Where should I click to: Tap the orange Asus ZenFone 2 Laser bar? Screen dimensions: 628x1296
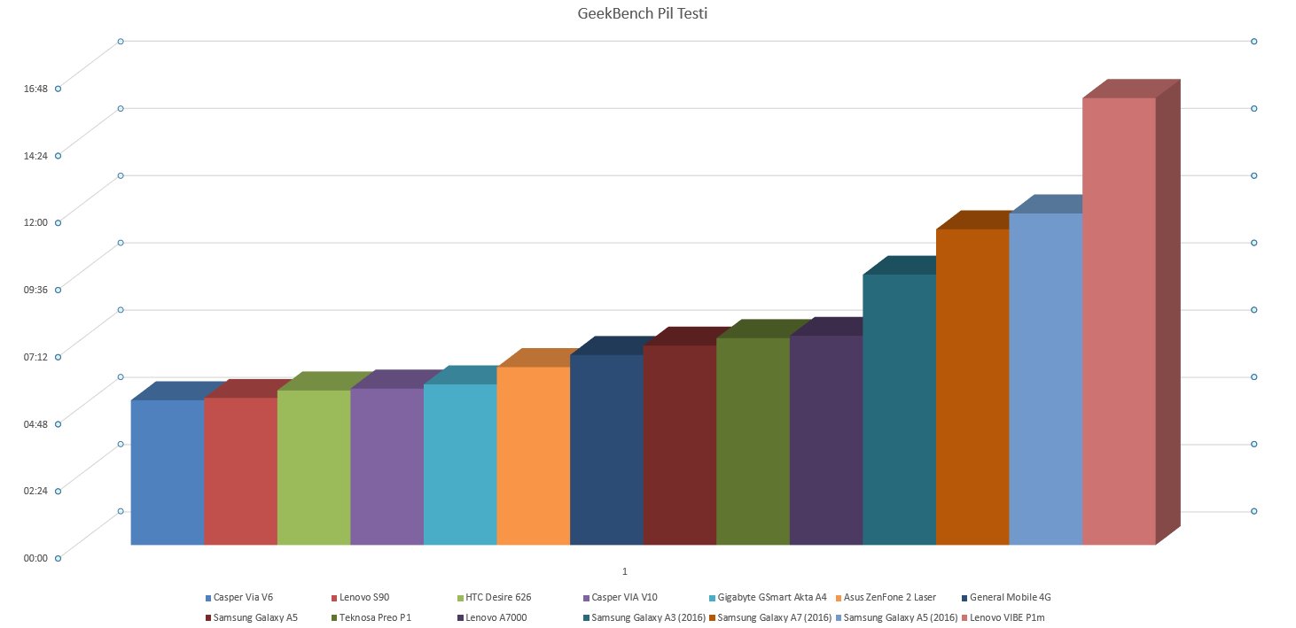tap(533, 455)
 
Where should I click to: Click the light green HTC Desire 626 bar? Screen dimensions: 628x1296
tap(314, 467)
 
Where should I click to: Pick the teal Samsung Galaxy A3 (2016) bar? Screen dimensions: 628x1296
tap(899, 409)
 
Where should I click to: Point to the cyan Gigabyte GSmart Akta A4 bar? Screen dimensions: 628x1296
tap(460, 464)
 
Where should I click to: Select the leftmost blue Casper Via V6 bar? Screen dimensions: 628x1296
tap(168, 472)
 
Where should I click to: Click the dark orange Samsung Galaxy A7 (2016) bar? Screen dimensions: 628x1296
tap(972, 386)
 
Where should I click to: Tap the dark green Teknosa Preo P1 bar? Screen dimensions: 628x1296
tap(753, 441)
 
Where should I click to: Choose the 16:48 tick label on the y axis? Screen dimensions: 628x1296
tap(36, 89)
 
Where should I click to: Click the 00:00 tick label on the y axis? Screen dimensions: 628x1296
tap(36, 558)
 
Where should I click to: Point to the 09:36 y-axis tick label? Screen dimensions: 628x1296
tap(36, 290)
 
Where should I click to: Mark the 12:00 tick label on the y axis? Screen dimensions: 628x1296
tap(36, 222)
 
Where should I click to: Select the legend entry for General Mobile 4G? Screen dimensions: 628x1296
tap(1011, 598)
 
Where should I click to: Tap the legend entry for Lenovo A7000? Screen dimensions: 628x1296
tap(496, 617)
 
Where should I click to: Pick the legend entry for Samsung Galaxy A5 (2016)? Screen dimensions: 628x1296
tap(901, 617)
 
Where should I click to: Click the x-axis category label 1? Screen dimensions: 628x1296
tap(625, 571)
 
